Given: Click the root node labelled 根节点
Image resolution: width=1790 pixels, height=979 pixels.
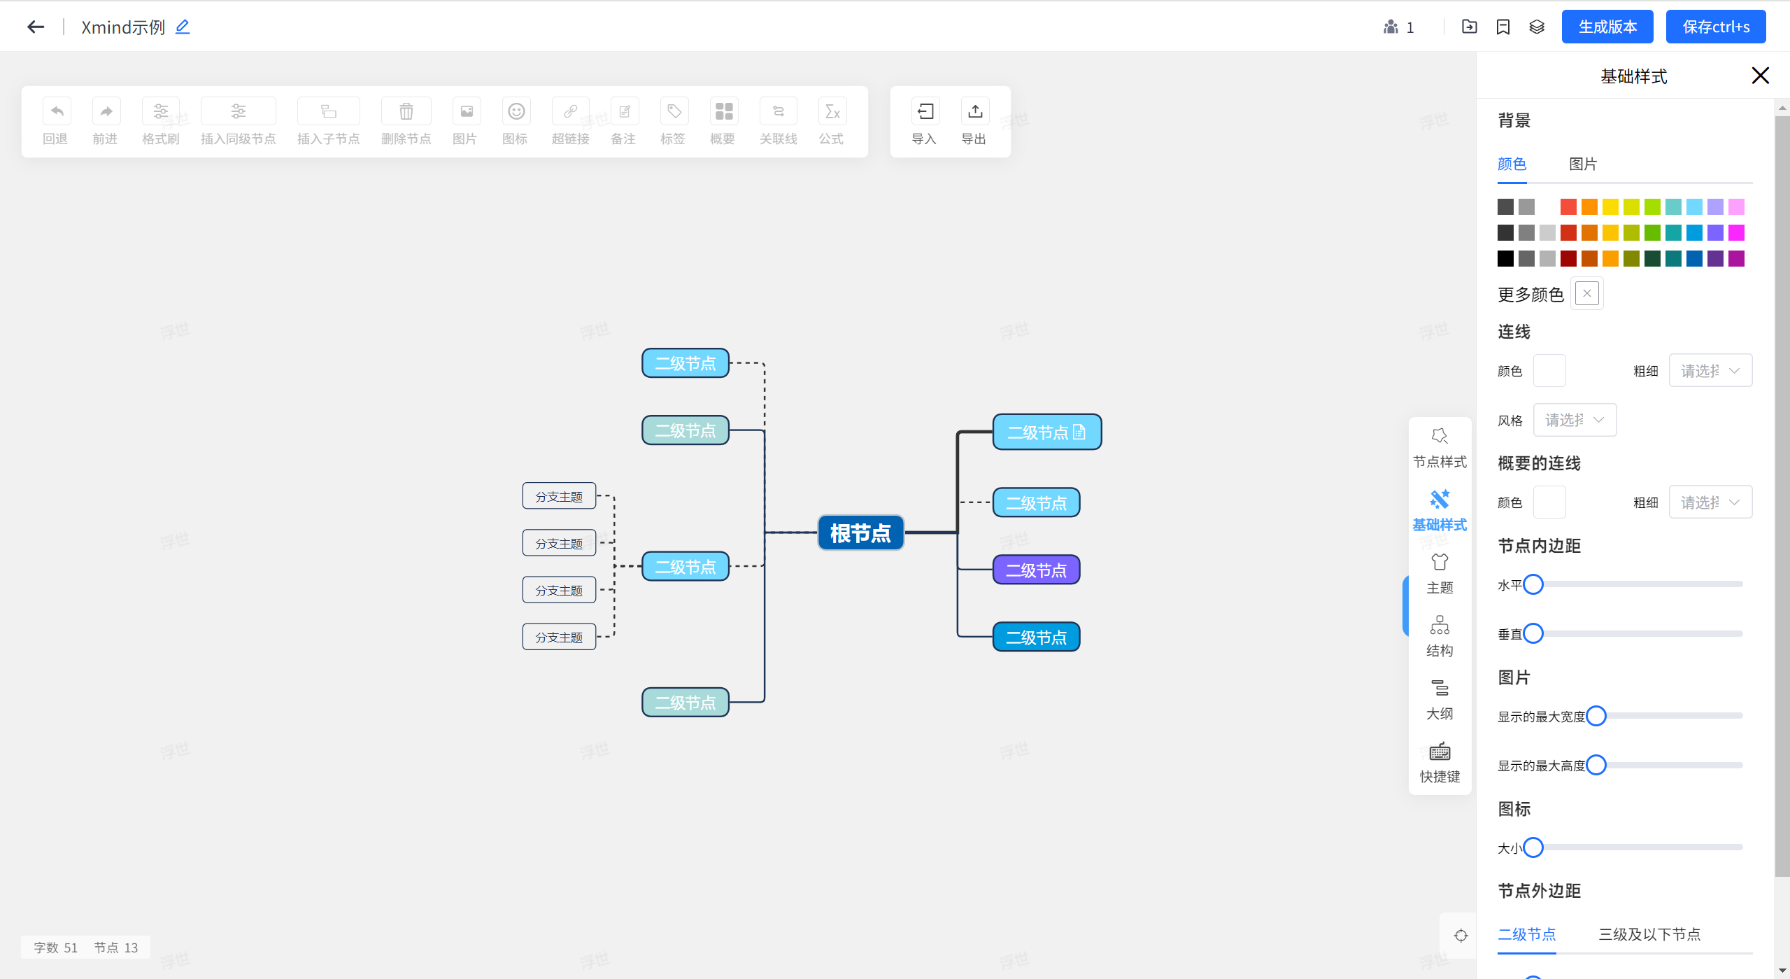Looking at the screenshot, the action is click(x=860, y=533).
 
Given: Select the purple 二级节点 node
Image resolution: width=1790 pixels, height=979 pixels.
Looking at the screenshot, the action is click(x=1036, y=570).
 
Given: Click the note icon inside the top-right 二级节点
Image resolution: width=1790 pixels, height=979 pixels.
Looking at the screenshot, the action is click(x=1079, y=432).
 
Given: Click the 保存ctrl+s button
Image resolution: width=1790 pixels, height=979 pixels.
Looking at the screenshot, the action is click(x=1715, y=27).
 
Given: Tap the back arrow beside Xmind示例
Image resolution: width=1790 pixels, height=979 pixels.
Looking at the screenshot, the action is click(x=36, y=27).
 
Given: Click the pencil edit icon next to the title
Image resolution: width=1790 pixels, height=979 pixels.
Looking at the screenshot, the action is click(x=183, y=27).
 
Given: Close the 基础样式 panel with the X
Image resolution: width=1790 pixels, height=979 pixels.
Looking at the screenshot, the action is click(x=1760, y=76).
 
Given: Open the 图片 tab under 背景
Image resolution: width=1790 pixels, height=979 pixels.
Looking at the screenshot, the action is click(x=1582, y=164).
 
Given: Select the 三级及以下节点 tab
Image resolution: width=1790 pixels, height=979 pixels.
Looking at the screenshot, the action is click(x=1649, y=934).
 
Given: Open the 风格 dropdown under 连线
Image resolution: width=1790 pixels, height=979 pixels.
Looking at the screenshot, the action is click(x=1575, y=421).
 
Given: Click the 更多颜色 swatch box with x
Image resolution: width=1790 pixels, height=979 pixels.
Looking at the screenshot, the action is click(x=1586, y=294).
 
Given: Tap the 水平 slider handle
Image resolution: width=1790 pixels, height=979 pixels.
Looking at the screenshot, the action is click(x=1533, y=584).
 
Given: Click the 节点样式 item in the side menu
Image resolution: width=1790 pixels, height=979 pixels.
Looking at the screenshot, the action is click(x=1440, y=446).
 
